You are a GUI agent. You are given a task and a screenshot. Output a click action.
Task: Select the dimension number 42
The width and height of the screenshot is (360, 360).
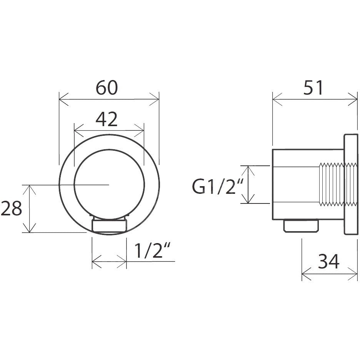pyautogui.click(x=107, y=119)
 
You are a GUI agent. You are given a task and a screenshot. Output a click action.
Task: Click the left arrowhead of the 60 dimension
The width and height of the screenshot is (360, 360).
pyautogui.click(x=63, y=99)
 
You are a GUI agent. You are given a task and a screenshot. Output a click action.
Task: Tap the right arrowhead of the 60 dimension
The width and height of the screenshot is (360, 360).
pyautogui.click(x=154, y=99)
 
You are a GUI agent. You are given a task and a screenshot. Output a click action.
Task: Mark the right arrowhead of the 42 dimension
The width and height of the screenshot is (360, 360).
pyautogui.click(x=139, y=131)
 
